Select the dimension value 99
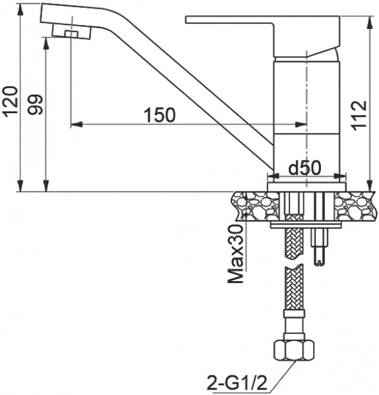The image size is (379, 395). pyautogui.click(x=34, y=105)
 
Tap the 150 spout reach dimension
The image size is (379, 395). pyautogui.click(x=160, y=114)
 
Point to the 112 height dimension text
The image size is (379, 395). pyautogui.click(x=359, y=115)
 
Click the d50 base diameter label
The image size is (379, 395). pyautogui.click(x=305, y=168)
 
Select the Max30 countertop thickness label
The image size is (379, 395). pyautogui.click(x=237, y=253)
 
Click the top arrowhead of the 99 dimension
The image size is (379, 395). pyautogui.click(x=47, y=40)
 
